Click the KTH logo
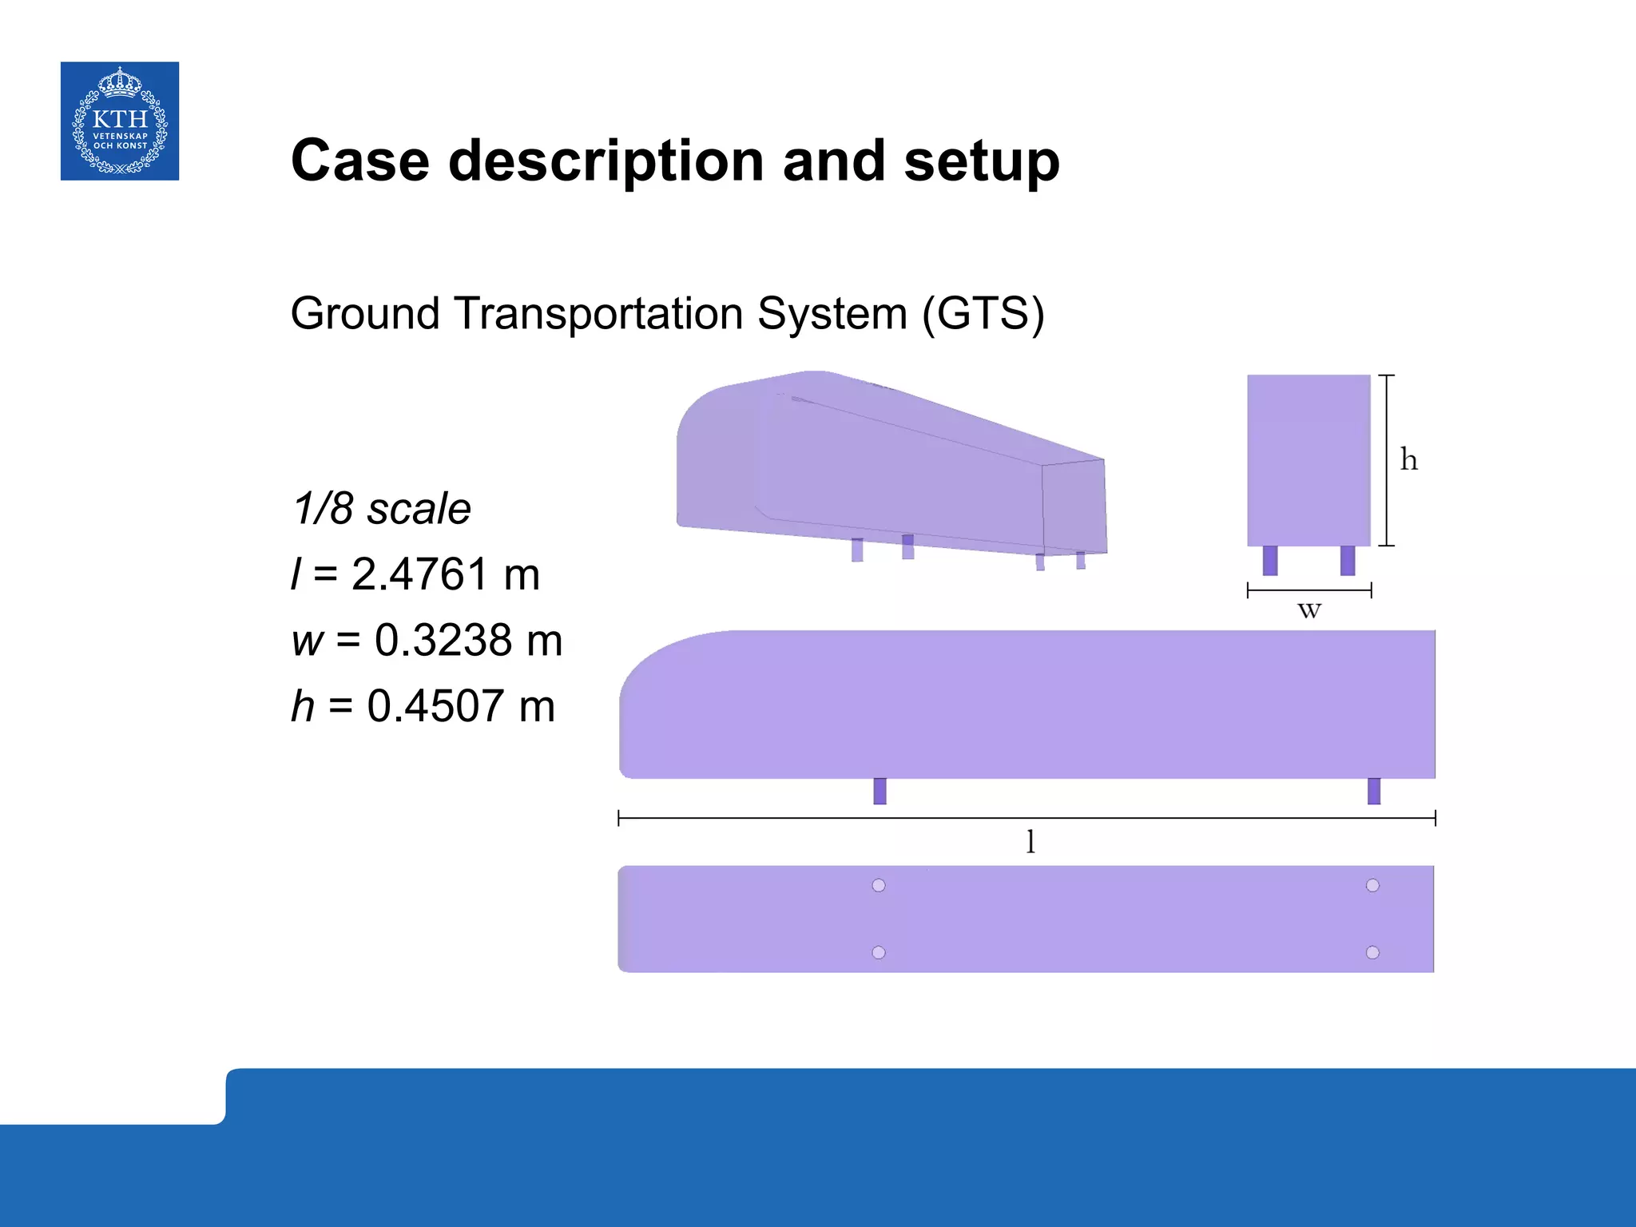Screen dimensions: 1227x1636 click(120, 121)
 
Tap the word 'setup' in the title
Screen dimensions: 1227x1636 click(982, 161)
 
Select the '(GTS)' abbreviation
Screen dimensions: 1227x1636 click(983, 313)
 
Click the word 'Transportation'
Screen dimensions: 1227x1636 click(599, 313)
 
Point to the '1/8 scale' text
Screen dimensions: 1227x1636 click(382, 508)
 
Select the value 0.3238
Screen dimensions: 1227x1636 click(443, 640)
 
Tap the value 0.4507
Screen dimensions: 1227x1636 click(435, 706)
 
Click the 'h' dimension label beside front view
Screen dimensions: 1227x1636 click(1409, 460)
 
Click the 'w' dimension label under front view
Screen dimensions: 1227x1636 click(1309, 611)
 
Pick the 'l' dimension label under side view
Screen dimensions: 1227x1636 click(1030, 841)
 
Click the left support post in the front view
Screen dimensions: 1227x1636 click(1270, 560)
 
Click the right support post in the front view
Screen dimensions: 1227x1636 click(1348, 560)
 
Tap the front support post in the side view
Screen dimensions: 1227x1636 click(880, 791)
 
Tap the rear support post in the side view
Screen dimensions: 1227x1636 click(1374, 791)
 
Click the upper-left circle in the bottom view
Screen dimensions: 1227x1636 click(879, 885)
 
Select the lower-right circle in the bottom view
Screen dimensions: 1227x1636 click(1372, 952)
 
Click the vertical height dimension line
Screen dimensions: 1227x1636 click(1388, 460)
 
